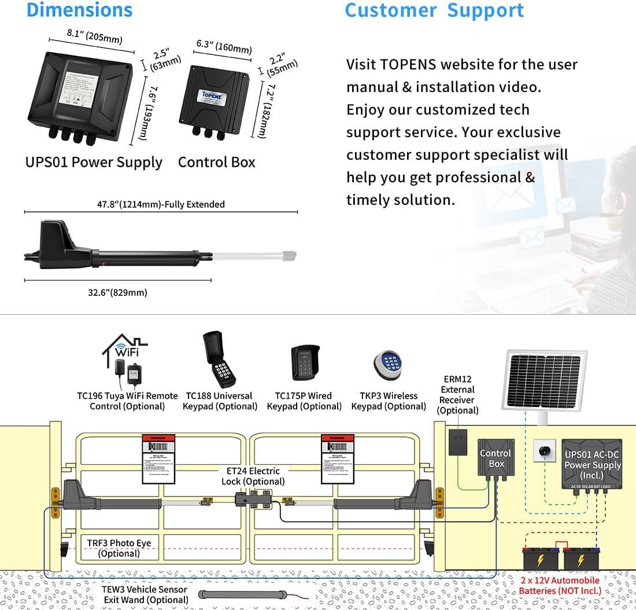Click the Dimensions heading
(80, 10)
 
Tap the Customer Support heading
(434, 10)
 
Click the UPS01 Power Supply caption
(94, 162)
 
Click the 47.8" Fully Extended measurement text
(161, 204)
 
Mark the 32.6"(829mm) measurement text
(117, 292)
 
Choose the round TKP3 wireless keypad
(387, 363)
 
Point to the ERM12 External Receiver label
(457, 395)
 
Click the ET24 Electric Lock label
(253, 476)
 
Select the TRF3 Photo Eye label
(119, 548)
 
